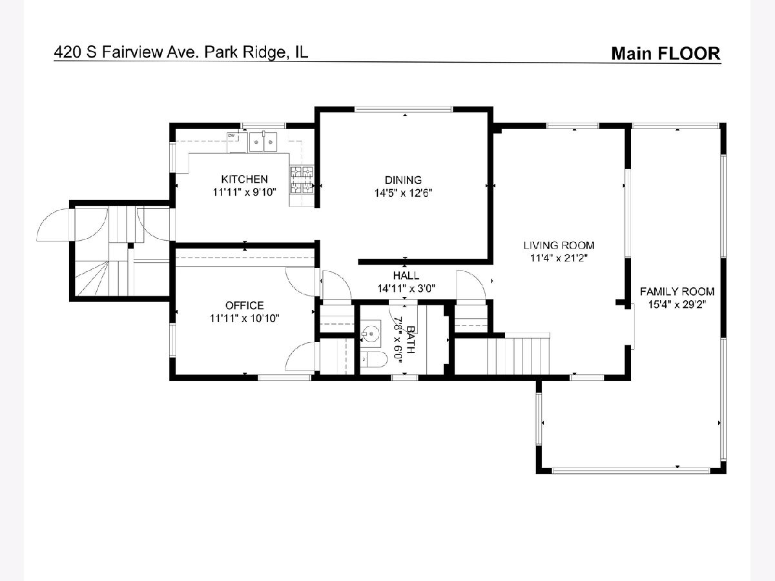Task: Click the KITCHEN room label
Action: [x=244, y=179]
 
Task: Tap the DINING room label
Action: [x=403, y=180]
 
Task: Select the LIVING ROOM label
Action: [x=559, y=245]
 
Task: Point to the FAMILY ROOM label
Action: [x=677, y=291]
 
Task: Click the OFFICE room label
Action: [x=244, y=305]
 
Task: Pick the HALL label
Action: [x=406, y=275]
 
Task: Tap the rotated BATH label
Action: [x=411, y=340]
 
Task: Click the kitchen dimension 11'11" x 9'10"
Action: [x=244, y=192]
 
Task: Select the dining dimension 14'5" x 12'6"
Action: [x=403, y=193]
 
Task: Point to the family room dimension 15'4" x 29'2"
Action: [x=677, y=305]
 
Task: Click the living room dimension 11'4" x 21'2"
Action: [x=559, y=258]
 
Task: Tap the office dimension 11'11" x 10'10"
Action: [x=244, y=318]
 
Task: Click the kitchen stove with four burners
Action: [x=302, y=180]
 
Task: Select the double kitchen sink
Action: [x=263, y=142]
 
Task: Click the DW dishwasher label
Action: [x=231, y=135]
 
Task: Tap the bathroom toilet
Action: [x=371, y=360]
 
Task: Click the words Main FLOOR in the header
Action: [x=666, y=54]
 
